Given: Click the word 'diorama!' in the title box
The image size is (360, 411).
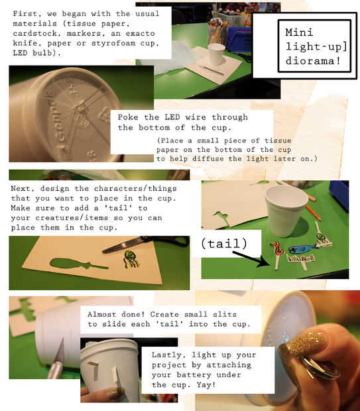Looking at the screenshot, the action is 313,61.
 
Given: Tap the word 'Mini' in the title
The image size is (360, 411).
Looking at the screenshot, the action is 299,32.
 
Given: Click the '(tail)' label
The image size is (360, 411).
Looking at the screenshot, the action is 224,243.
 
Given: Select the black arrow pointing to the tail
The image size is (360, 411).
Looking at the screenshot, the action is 251,259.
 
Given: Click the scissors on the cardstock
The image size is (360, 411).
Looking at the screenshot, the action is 146,243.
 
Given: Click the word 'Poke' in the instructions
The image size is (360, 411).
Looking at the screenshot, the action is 127,117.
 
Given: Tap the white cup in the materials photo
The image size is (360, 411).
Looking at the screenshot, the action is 216,54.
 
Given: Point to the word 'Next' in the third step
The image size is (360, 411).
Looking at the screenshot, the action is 22,188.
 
